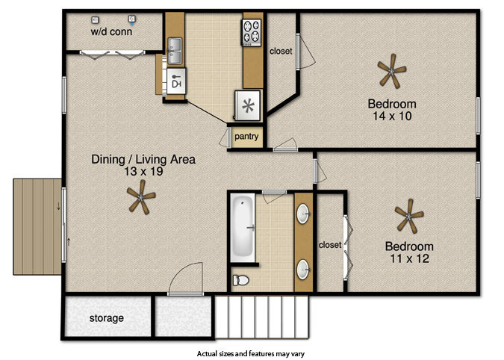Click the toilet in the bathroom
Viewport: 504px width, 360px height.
tap(240, 280)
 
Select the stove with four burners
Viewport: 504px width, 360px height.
tap(252, 32)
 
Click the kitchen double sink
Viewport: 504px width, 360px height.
tap(175, 51)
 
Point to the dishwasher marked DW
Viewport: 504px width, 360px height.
tap(176, 81)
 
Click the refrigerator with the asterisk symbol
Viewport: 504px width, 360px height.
tap(248, 105)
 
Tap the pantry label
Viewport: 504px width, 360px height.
tap(246, 137)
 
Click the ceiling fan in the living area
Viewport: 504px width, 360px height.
tap(141, 196)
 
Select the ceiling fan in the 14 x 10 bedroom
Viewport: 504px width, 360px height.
tap(391, 71)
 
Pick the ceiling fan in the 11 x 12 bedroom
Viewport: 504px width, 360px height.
tap(409, 216)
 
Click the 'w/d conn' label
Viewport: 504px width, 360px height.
tap(111, 31)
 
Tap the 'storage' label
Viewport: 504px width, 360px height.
tap(106, 318)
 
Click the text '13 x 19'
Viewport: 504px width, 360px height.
tap(143, 171)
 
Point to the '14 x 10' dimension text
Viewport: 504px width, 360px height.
tap(392, 116)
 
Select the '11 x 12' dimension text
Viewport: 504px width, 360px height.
tap(409, 258)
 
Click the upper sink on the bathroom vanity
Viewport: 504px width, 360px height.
tap(303, 214)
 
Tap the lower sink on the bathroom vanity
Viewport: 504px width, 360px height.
tap(303, 270)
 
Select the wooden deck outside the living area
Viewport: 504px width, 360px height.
tap(37, 227)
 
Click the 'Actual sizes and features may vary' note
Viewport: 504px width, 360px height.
tap(251, 354)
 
